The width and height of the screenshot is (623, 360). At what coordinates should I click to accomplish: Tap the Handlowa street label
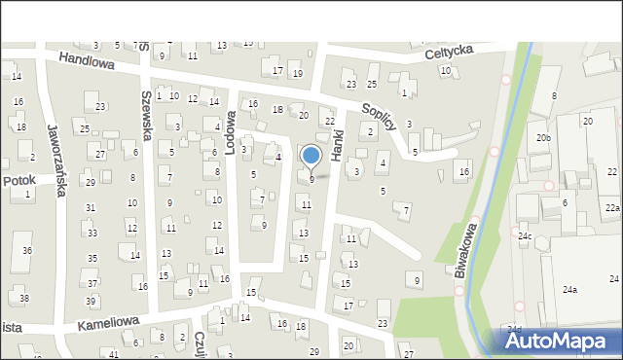click(x=87, y=60)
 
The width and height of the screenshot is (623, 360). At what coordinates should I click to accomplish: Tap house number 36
click(x=27, y=251)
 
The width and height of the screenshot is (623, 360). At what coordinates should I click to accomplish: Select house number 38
click(x=24, y=298)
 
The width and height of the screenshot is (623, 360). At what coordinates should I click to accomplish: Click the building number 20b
click(x=543, y=138)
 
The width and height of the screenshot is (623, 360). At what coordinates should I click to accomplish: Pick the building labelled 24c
click(x=525, y=236)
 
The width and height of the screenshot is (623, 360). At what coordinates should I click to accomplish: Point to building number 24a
click(x=569, y=289)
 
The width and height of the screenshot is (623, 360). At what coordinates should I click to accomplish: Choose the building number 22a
click(x=611, y=208)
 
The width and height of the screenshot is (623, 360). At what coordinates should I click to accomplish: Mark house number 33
click(x=92, y=234)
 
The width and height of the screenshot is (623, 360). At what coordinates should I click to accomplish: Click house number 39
click(x=91, y=301)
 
